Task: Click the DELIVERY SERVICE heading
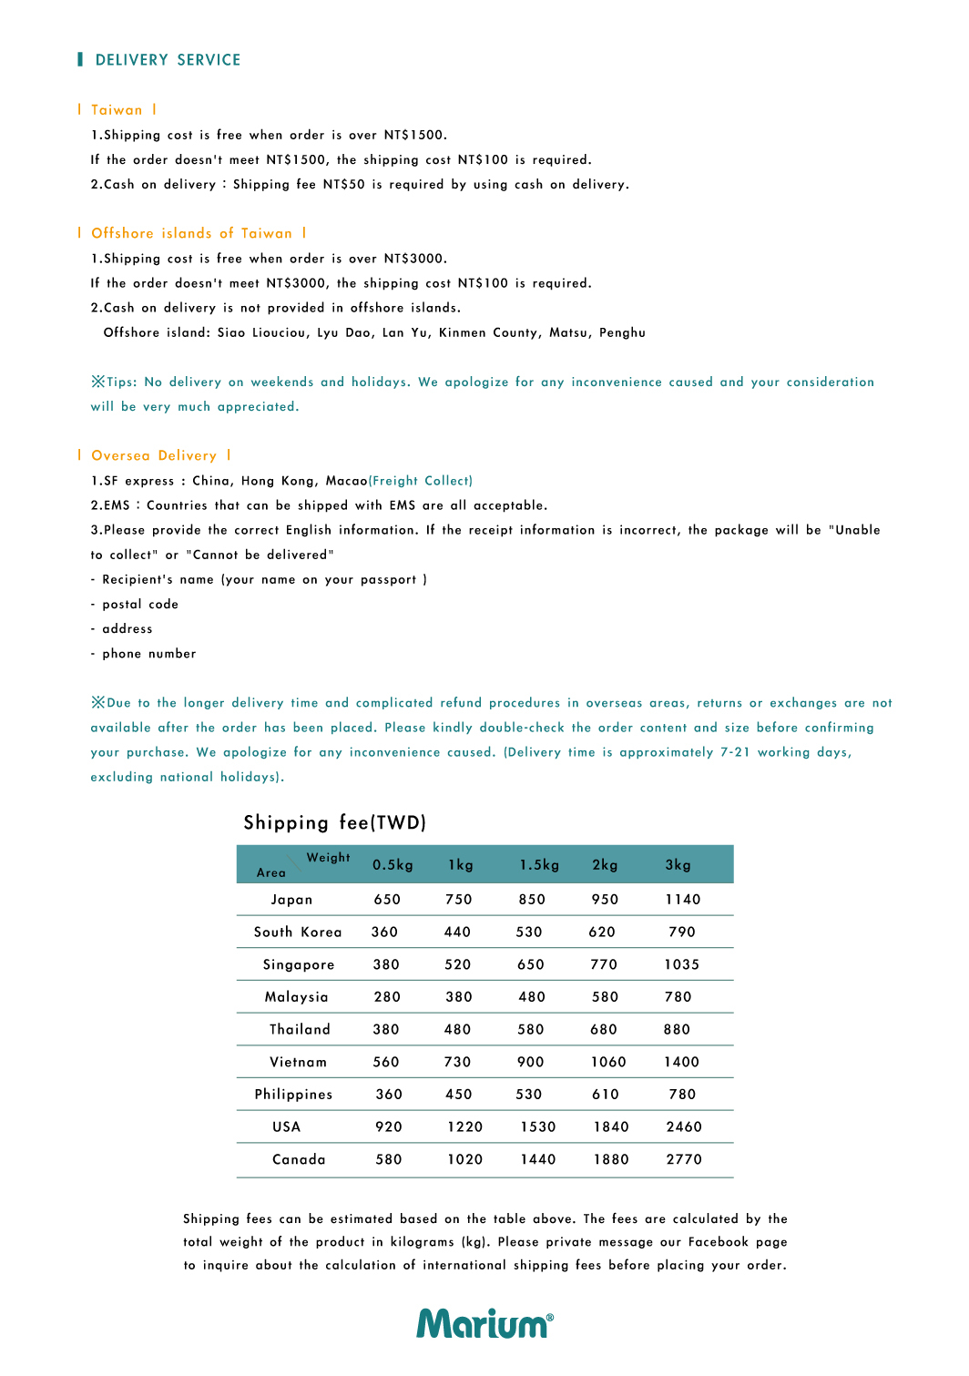point(168,60)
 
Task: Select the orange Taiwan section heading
point(117,110)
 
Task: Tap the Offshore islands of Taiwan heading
point(191,233)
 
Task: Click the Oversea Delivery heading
point(154,455)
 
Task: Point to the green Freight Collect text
point(421,481)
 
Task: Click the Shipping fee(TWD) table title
point(334,823)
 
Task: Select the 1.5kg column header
point(539,865)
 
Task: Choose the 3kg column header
point(678,865)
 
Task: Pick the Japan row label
point(291,900)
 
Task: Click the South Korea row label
point(298,933)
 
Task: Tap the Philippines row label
point(293,1095)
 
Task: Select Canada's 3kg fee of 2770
point(684,1159)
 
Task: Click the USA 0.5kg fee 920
point(389,1127)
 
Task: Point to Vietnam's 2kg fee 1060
point(608,1062)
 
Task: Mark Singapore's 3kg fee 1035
point(682,965)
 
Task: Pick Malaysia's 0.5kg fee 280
point(387,997)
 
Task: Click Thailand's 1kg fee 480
point(457,1030)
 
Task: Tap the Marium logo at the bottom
point(484,1323)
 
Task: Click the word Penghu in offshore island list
point(622,333)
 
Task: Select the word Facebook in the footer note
point(719,1242)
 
